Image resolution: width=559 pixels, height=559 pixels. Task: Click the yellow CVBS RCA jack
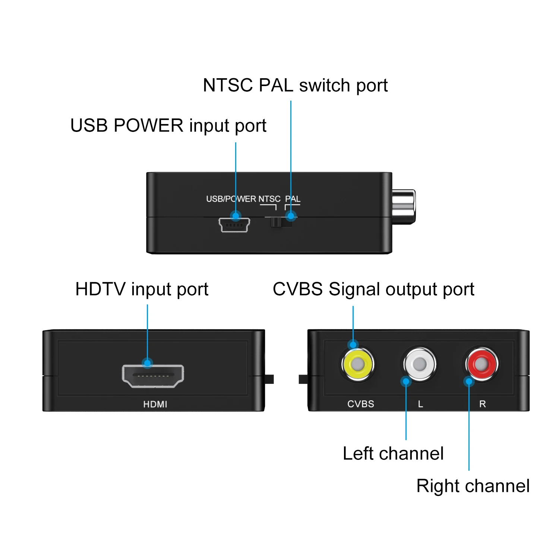[x=357, y=364]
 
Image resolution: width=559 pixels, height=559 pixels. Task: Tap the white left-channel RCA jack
[x=420, y=364]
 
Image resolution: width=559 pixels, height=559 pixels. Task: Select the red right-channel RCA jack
[x=481, y=364]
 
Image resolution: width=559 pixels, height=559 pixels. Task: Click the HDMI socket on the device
[x=153, y=376]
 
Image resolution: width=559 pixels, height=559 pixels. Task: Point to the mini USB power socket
[x=234, y=225]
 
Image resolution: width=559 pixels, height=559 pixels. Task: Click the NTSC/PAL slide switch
[x=276, y=222]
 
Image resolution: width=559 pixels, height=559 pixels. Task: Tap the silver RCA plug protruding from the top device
[x=403, y=207]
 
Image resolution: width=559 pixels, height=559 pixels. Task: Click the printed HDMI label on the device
[x=155, y=404]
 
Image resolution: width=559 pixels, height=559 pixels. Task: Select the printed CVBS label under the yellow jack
[x=360, y=404]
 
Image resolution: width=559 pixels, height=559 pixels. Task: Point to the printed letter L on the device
[x=420, y=404]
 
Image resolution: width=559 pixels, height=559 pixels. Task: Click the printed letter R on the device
[x=482, y=404]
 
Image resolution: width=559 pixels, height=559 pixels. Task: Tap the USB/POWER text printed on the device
[x=231, y=199]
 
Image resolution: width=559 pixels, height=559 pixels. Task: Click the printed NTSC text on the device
[x=269, y=199]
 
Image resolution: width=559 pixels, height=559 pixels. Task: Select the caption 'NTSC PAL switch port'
[x=295, y=85]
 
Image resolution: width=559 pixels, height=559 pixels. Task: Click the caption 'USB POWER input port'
[x=168, y=126]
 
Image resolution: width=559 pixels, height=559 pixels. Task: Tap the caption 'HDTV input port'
[x=142, y=289]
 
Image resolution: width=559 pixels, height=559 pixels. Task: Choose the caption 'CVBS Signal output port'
[x=373, y=289]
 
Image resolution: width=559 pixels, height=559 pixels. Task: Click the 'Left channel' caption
[x=393, y=454]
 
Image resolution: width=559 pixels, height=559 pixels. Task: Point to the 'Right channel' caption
[x=473, y=486]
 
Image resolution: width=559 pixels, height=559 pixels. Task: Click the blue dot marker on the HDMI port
[x=148, y=363]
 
